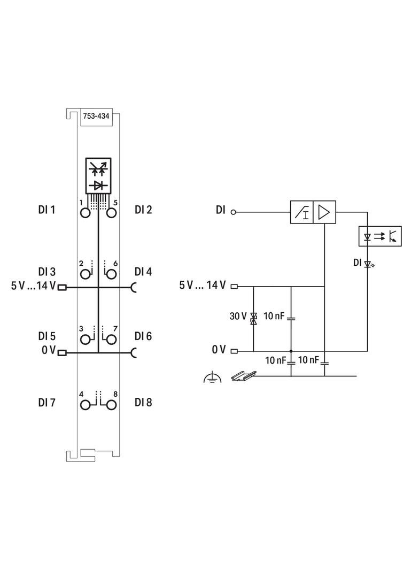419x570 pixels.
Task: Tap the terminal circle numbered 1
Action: (85, 213)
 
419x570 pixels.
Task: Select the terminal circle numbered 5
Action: (111, 213)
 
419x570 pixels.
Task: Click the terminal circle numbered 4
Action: (85, 404)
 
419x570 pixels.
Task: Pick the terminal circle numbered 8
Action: (111, 404)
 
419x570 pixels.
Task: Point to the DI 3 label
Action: (46, 272)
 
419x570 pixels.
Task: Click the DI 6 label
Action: (143, 336)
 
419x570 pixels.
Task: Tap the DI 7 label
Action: (46, 403)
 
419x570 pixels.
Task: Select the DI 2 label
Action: (143, 210)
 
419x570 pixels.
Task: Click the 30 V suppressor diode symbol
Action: (253, 319)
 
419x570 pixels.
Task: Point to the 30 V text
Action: (238, 316)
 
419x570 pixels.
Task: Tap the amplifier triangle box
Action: (323, 212)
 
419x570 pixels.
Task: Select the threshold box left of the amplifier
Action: (301, 212)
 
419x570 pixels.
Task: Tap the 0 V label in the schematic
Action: (219, 350)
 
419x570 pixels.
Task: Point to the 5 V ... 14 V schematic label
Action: (203, 285)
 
